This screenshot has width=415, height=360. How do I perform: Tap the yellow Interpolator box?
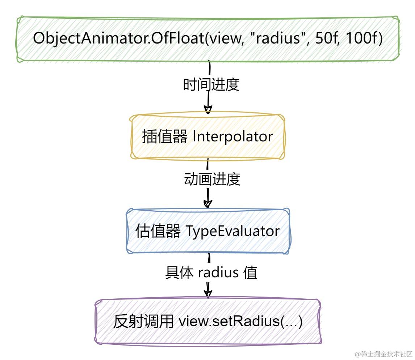point(207,137)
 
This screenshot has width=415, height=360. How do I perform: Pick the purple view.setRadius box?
point(208,322)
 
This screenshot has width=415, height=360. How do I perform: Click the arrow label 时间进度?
point(211,85)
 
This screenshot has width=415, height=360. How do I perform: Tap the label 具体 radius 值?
point(211,273)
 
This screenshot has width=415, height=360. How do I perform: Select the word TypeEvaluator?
point(233,231)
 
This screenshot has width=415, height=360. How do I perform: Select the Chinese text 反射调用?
point(143,322)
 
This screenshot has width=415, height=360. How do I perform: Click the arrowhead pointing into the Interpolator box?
point(208,110)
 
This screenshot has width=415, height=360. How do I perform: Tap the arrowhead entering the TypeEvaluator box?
point(208,204)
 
